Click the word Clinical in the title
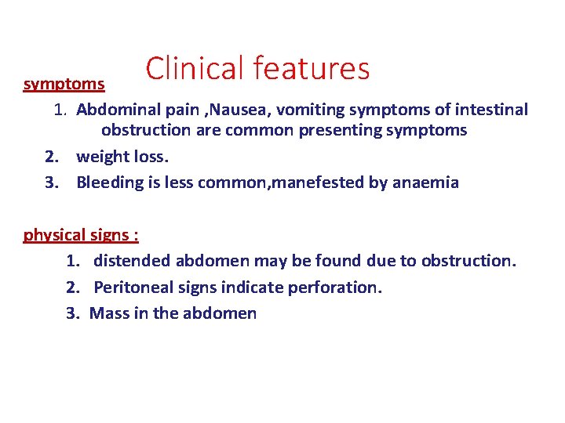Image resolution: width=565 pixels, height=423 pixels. (195, 68)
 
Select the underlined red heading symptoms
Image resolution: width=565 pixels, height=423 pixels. (64, 83)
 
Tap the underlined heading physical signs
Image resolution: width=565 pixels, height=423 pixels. (81, 234)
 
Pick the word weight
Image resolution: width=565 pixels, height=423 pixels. (99, 157)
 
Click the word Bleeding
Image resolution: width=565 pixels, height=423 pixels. (108, 183)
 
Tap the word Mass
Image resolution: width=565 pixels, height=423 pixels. (108, 313)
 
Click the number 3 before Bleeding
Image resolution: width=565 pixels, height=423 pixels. (51, 183)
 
